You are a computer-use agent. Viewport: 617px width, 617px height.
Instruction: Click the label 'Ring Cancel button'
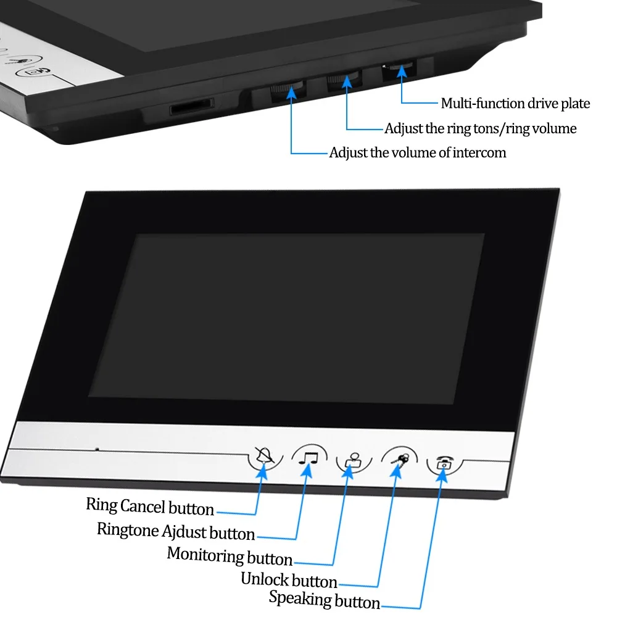pos(150,507)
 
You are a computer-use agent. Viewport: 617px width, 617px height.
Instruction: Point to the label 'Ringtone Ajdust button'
pos(176,531)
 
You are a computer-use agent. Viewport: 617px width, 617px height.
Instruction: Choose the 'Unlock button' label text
pos(289,580)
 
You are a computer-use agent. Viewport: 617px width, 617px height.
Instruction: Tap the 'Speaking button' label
pos(325,599)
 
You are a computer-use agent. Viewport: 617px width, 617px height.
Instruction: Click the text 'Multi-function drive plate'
pos(515,104)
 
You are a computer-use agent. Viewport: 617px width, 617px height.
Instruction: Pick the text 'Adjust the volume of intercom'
pos(417,152)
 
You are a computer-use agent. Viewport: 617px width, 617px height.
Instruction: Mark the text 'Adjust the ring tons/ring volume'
pos(481,128)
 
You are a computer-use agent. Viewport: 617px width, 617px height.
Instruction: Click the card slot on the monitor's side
pos(192,107)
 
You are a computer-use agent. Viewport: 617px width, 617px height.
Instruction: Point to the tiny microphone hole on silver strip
pos(97,449)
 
